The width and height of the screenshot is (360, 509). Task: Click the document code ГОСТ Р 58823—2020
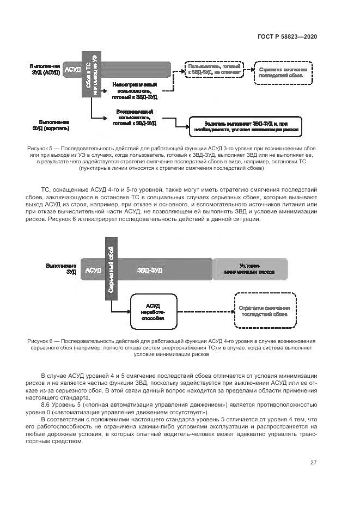(x=286, y=36)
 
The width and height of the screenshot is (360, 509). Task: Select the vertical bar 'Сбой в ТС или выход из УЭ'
(x=91, y=76)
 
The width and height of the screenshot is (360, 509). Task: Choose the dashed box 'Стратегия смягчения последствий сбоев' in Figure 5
(x=283, y=73)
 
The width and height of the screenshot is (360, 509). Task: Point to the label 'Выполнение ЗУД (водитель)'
(x=51, y=125)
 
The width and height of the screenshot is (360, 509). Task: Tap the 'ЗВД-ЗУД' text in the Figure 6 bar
(x=150, y=270)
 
